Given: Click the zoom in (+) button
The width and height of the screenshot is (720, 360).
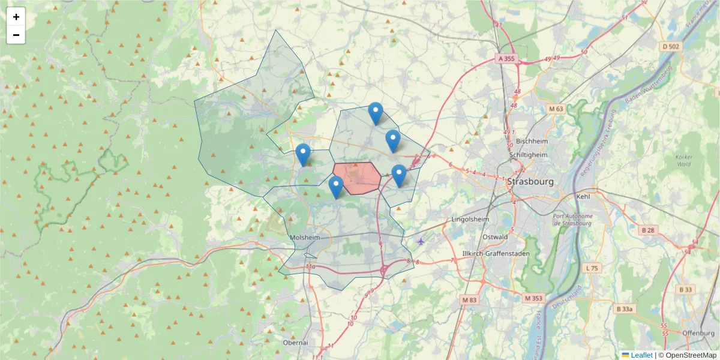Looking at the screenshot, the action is pos(16,17).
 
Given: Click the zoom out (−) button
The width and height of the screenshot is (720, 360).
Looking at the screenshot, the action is pos(16,35).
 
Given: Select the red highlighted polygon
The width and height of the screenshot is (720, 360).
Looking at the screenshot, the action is pos(357,178).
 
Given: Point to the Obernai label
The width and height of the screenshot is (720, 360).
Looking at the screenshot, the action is pos(295,343).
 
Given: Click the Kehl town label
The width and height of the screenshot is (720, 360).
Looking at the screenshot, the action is pos(583,196).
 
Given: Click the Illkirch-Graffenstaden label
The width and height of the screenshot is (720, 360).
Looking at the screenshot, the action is pos(496,253).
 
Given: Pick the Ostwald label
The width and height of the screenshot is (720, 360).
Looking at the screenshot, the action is pos(496,236).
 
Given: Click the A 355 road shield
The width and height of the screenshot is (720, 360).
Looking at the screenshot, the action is pos(506,58).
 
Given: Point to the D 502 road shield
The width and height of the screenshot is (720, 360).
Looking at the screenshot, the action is pos(671,46).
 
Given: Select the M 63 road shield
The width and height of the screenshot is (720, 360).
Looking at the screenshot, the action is pos(556,109).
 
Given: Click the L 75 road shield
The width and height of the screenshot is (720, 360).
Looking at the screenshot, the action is pos(592,268).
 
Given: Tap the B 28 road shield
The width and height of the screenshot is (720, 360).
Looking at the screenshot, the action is pos(647,230).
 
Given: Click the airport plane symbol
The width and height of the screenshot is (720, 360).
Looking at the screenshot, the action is pos(421,241).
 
